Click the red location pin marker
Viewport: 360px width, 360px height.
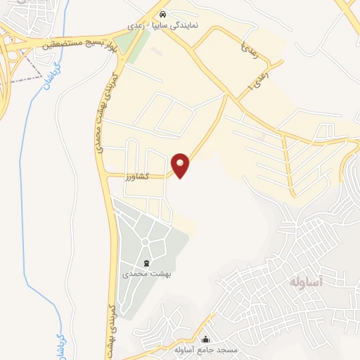click(181, 165)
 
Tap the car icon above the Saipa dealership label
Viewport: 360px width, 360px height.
click(163, 13)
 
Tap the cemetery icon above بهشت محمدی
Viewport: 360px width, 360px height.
click(146, 262)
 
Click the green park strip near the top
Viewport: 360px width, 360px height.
click(131, 43)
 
